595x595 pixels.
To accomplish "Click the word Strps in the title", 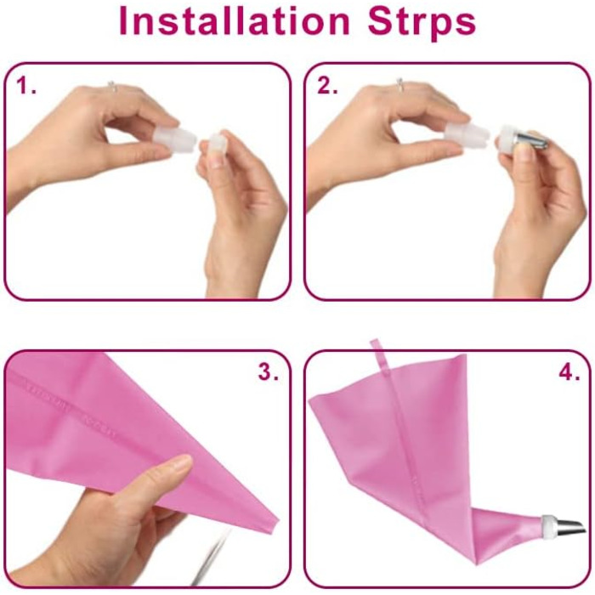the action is coord(422,22).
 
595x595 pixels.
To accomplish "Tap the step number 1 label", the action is coord(25,86).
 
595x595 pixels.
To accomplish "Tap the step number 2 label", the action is coord(327,86).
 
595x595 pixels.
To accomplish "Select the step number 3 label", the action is coord(269,372).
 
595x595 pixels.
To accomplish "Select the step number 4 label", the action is coord(569,372).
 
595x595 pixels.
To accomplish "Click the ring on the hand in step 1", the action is coord(111,86).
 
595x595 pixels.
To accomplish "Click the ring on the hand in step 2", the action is coord(399,84).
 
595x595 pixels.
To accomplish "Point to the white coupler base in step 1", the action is coord(176,139).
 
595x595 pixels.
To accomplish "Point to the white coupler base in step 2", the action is coord(467,134).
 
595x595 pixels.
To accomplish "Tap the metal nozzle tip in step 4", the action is coord(570,527).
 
